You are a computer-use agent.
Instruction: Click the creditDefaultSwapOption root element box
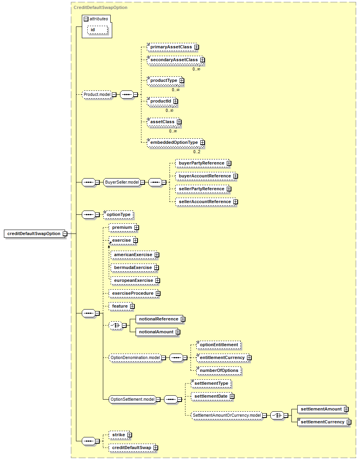click(x=34, y=234)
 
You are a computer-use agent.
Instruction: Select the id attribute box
click(x=97, y=30)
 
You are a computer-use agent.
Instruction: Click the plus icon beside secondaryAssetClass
click(x=202, y=60)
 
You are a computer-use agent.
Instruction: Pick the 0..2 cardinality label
click(x=197, y=152)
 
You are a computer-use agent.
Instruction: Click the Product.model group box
click(x=97, y=94)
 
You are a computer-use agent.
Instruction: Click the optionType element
click(x=118, y=215)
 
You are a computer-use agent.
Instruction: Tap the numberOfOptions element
click(x=219, y=370)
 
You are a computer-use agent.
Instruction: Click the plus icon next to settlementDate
click(x=232, y=396)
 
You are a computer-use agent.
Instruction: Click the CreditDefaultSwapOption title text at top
click(x=101, y=8)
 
